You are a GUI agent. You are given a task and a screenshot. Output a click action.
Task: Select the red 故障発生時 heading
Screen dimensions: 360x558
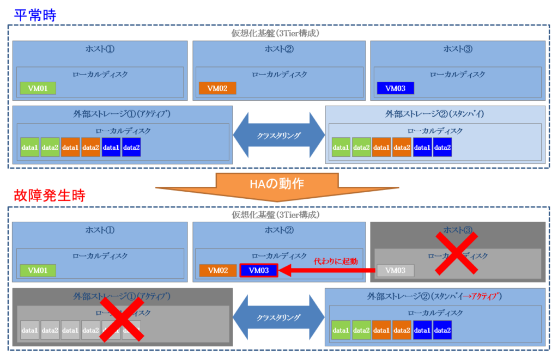coord(49,196)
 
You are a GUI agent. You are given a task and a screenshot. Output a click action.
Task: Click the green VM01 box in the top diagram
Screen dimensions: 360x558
coord(38,88)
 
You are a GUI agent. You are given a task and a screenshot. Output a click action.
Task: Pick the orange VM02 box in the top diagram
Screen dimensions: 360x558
coord(217,88)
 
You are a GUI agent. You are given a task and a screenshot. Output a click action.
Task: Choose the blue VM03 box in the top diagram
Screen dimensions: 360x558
coord(395,88)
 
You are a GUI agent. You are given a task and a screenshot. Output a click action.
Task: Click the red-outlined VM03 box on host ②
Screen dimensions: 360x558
coord(259,270)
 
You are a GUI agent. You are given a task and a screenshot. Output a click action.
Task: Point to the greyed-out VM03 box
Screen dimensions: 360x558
coord(395,270)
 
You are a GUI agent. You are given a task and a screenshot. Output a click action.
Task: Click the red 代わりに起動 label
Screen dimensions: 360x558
coord(335,261)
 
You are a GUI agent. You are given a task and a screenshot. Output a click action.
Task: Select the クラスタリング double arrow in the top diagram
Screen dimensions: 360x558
coord(278,135)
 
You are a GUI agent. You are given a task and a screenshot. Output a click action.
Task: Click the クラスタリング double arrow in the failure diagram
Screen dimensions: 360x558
coord(278,317)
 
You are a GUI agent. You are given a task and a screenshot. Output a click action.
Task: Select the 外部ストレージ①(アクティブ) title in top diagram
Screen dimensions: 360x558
coord(122,114)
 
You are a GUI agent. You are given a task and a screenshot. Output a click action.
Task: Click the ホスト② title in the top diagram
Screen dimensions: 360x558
coord(279,49)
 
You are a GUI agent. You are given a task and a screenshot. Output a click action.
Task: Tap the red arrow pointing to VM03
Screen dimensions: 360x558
coord(327,270)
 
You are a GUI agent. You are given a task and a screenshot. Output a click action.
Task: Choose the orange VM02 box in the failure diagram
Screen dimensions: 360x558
coord(217,270)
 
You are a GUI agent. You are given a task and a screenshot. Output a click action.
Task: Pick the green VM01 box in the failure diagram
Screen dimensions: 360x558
coord(38,270)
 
